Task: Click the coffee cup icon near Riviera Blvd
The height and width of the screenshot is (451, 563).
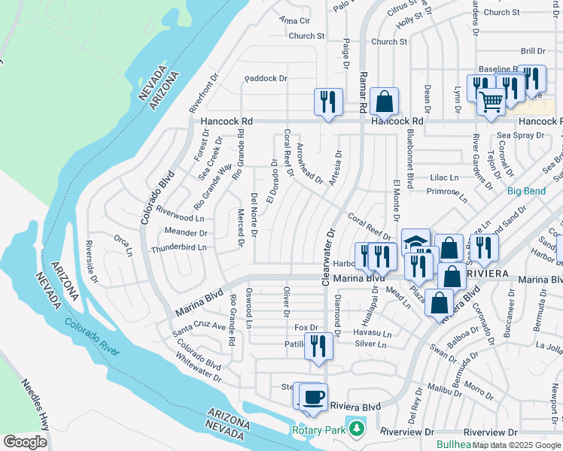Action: click(x=315, y=396)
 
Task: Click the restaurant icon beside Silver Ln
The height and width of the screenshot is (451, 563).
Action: click(x=318, y=345)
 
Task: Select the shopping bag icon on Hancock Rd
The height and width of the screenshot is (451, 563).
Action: click(x=384, y=101)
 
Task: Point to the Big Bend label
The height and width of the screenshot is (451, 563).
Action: click(x=526, y=191)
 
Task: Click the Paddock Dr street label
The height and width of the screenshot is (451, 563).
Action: click(x=266, y=78)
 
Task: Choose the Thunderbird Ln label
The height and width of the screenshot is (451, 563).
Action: click(x=178, y=248)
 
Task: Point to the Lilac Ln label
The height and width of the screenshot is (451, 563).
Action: click(x=444, y=177)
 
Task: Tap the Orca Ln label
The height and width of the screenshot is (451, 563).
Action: click(x=123, y=243)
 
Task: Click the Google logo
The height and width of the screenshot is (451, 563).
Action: click(x=25, y=442)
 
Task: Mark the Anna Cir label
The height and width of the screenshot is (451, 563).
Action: click(x=294, y=20)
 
